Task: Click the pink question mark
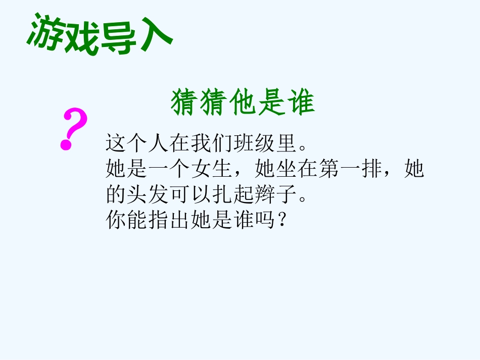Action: point(74,130)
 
